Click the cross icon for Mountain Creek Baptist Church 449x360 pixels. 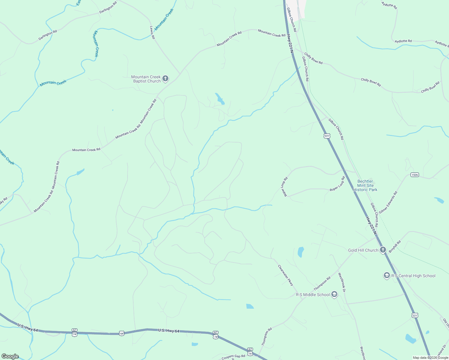tap(165, 79)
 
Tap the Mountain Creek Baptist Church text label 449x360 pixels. tap(146, 79)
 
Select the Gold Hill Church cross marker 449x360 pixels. tap(383, 250)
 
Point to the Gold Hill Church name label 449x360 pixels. tap(363, 250)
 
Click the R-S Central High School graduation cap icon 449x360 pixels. tap(387, 276)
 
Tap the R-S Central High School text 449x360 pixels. tap(413, 276)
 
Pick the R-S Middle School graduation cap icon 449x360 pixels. tap(334, 295)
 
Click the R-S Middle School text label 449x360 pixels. tap(313, 295)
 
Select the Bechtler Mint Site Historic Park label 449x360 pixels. tap(365, 185)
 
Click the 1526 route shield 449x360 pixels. tap(414, 175)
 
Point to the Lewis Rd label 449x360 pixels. tap(152, 32)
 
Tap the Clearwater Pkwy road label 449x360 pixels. tap(285, 275)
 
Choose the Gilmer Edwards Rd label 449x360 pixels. tap(388, 202)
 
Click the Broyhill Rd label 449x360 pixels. tap(395, 247)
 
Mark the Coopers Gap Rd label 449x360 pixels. tap(233, 356)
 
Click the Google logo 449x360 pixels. tap(10, 356)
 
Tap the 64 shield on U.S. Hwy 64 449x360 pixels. tap(121, 333)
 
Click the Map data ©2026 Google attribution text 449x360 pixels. tap(430, 358)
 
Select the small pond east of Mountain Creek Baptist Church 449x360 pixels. tap(220, 99)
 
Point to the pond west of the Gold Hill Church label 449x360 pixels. tap(300, 252)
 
